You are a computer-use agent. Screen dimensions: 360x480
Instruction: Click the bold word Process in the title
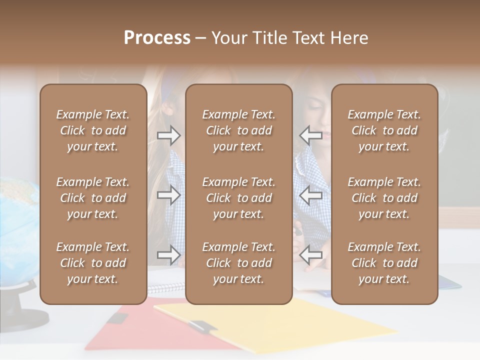pyautogui.click(x=157, y=38)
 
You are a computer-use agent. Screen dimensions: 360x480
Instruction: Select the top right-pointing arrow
pyautogui.click(x=169, y=135)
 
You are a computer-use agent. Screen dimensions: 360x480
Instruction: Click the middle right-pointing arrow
pyautogui.click(x=169, y=195)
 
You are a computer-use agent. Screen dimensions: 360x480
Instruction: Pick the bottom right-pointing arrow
pyautogui.click(x=169, y=255)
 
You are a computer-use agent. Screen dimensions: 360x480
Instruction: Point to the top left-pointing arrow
pyautogui.click(x=310, y=135)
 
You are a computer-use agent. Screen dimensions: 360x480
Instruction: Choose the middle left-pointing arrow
pyautogui.click(x=310, y=195)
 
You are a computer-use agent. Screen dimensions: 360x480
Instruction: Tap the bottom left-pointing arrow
pyautogui.click(x=310, y=255)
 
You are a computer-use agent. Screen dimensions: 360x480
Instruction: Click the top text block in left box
pyautogui.click(x=93, y=130)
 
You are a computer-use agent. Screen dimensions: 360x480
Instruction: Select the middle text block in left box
pyautogui.click(x=93, y=198)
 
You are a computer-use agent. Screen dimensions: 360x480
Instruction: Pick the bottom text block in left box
pyautogui.click(x=93, y=263)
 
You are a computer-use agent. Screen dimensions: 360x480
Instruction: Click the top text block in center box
pyautogui.click(x=239, y=130)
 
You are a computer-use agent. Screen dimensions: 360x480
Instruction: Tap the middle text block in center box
pyautogui.click(x=239, y=198)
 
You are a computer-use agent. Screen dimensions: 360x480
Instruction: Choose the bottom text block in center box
pyautogui.click(x=239, y=263)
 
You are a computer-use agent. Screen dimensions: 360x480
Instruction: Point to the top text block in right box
pyautogui.click(x=384, y=130)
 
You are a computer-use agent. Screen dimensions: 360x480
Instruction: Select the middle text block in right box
pyautogui.click(x=384, y=198)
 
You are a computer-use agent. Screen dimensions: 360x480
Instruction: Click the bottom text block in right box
pyautogui.click(x=384, y=263)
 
